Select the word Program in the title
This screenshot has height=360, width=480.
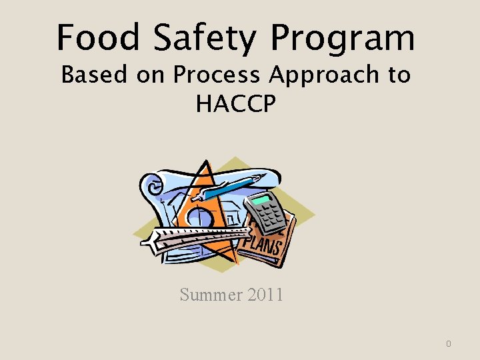coord(343,39)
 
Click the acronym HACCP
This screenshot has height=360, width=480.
coord(236,103)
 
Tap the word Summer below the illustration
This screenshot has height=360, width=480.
coord(205,294)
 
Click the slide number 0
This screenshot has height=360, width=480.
coord(449,344)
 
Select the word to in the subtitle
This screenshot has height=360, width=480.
coord(397,75)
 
